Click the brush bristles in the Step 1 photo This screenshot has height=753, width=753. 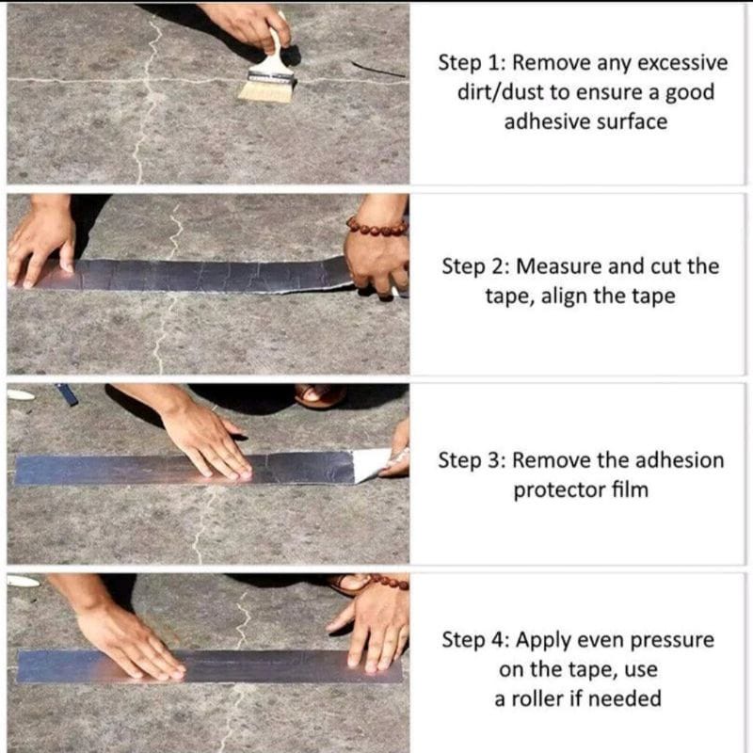pos(265,90)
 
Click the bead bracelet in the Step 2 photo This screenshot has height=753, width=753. pos(377,226)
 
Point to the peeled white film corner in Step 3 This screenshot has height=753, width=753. pos(372,464)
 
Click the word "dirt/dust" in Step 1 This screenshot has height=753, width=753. pos(500,92)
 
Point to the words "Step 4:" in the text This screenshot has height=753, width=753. pos(475,640)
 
